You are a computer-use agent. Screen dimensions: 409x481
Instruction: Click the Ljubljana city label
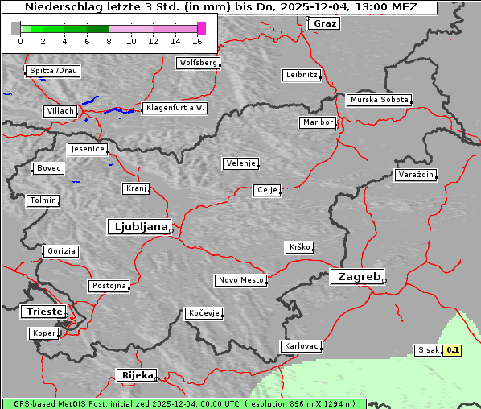[x=138, y=227]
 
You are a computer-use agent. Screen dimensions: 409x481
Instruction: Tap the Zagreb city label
[x=356, y=276]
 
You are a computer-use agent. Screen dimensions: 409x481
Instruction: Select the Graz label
[x=325, y=23]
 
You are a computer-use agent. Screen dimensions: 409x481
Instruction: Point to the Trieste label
[x=41, y=312]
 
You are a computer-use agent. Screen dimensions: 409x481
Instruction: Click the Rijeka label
[x=137, y=375]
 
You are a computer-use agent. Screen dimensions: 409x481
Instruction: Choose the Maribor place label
[x=317, y=122]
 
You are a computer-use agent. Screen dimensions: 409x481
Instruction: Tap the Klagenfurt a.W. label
[x=175, y=108]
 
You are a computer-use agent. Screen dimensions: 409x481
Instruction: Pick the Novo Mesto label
[x=240, y=280]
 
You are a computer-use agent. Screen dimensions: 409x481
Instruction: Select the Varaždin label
[x=416, y=175]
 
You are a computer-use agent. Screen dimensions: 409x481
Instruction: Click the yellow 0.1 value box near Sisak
[x=453, y=350]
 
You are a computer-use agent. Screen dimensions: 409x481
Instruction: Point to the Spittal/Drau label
[x=53, y=71]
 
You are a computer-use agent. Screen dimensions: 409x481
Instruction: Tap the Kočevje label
[x=203, y=313]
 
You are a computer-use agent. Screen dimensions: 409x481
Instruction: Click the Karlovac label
[x=302, y=346]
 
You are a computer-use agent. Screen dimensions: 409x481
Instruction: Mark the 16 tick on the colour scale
[x=198, y=40]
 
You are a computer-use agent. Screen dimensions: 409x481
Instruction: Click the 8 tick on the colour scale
[x=109, y=40]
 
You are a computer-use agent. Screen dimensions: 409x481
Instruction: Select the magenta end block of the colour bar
[x=201, y=28]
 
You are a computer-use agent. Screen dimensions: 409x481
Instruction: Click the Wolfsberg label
[x=197, y=63]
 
